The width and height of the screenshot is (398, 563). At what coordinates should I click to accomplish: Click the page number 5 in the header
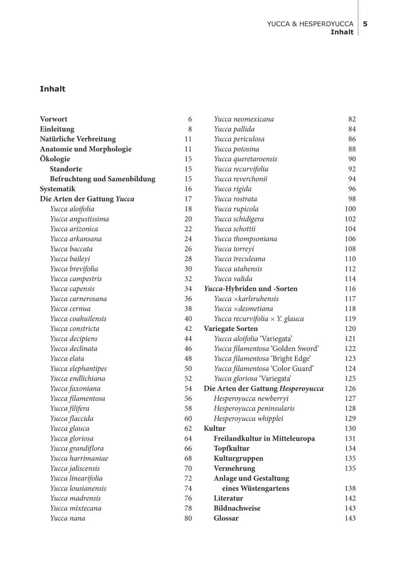[365, 24]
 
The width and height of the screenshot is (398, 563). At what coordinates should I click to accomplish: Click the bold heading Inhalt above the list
[53, 89]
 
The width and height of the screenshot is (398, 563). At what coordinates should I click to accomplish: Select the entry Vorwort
[54, 119]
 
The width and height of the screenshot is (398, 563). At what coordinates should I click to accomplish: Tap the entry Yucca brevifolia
[74, 269]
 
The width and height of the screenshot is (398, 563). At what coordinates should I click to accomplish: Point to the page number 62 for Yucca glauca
[188, 428]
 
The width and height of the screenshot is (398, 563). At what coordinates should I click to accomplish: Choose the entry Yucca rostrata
[235, 199]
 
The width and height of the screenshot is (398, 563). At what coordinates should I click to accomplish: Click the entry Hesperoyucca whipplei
[249, 419]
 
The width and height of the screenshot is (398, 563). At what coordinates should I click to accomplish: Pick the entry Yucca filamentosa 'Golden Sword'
[266, 349]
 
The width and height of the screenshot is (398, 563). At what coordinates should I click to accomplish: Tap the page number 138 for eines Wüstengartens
[350, 489]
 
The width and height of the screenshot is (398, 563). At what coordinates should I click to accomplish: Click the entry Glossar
[226, 518]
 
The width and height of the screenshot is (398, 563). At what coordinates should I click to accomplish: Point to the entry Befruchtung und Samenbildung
[103, 179]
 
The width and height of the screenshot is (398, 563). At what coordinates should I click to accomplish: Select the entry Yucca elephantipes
[78, 369]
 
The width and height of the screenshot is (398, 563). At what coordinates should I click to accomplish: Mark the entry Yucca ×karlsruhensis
[246, 299]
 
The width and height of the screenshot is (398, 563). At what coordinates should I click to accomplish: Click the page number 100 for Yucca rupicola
[350, 209]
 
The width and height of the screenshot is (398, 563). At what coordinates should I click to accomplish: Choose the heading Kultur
[214, 428]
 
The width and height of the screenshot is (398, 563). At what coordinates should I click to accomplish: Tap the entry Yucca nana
[68, 518]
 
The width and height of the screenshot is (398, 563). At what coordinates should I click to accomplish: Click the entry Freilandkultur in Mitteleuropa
[264, 439]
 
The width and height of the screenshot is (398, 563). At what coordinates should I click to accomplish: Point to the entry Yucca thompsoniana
[245, 239]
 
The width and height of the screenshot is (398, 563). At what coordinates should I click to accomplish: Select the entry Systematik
[57, 189]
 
